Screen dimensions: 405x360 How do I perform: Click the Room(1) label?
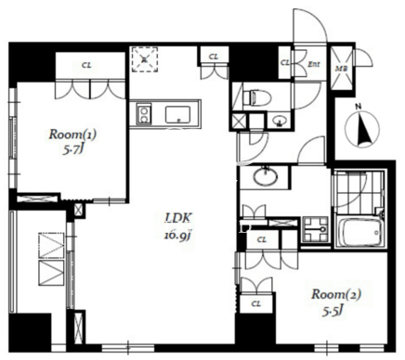tap(72, 135)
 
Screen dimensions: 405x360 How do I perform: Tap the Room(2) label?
tap(336, 294)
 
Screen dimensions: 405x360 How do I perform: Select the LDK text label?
tap(177, 219)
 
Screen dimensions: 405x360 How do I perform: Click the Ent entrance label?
tap(313, 64)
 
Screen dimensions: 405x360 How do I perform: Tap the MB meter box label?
tap(342, 69)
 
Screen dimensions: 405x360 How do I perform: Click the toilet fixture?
tap(256, 97)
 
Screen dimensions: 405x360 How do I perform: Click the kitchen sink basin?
tap(177, 115)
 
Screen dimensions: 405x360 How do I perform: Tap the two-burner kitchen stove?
tap(143, 114)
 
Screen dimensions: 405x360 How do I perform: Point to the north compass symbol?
tap(362, 129)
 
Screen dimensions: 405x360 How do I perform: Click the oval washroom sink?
tap(266, 177)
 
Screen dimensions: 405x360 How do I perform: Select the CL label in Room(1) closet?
tap(87, 66)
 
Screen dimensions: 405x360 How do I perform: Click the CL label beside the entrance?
tap(285, 63)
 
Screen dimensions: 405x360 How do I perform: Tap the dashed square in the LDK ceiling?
tap(144, 59)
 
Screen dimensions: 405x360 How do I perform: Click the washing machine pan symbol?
tap(315, 229)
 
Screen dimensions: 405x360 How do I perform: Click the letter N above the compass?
tap(359, 108)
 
